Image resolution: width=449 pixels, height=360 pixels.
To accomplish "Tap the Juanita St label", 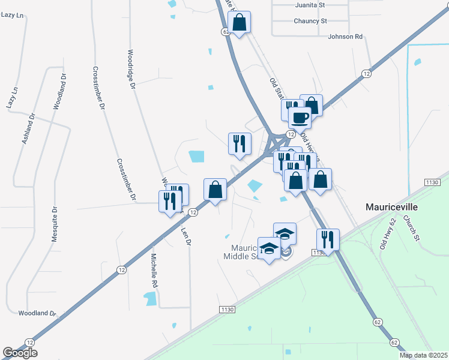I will [x=310, y=5].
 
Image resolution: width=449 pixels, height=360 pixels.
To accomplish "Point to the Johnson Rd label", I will [x=345, y=37].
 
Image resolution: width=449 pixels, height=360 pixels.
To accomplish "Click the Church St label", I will [x=411, y=228].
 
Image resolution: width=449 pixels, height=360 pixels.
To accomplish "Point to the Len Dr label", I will [x=185, y=232].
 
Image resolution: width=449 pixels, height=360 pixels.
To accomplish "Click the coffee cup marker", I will [x=300, y=118].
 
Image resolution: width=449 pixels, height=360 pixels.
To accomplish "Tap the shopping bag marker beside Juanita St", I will [x=240, y=22].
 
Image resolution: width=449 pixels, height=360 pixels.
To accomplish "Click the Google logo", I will [x=20, y=353].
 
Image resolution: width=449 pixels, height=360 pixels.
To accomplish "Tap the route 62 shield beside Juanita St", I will [x=226, y=31].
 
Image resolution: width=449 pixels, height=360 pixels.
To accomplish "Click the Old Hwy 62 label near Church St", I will [x=387, y=233].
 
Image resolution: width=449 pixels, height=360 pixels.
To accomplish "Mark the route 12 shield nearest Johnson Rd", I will [x=366, y=73].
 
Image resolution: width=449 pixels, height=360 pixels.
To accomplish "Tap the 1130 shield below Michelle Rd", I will [x=226, y=309].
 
